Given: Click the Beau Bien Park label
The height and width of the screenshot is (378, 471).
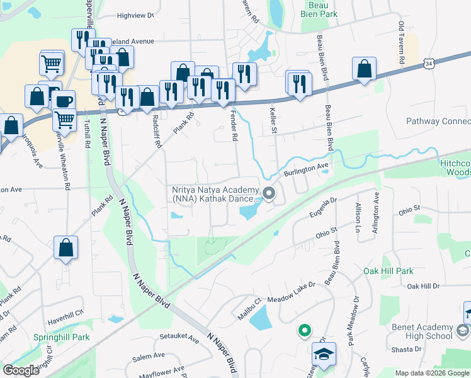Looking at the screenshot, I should pos(318,9).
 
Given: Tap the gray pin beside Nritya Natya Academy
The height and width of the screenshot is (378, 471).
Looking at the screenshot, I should pos(269,193).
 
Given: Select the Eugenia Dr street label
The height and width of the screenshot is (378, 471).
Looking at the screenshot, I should pos(324,208).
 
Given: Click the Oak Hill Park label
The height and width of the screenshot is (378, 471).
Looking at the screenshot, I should pos(389,271).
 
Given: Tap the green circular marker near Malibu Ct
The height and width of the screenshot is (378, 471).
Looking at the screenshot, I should pos(304,329).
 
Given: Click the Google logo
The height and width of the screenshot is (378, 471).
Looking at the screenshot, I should pos(21,370).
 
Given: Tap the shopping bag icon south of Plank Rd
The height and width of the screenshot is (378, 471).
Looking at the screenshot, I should pos(66,248).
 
